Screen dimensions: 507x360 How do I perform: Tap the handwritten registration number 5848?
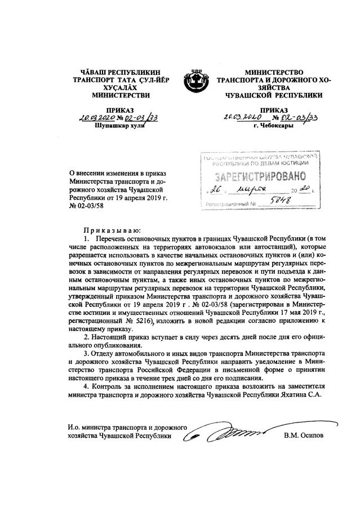click(x=277, y=205)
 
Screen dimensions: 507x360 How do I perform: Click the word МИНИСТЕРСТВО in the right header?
click(x=274, y=73)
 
